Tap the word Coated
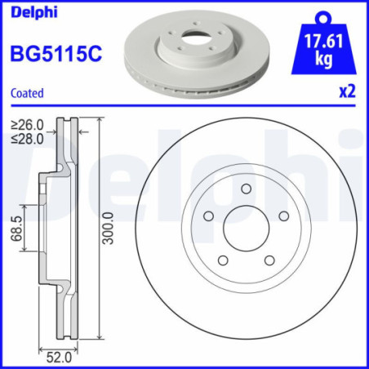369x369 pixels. point(26,94)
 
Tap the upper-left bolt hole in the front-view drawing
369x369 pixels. point(208,216)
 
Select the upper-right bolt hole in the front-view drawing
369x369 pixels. point(284,216)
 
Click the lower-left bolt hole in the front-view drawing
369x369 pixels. point(222,260)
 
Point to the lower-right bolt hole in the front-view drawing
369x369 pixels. point(269,260)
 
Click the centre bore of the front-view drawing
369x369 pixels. point(246,228)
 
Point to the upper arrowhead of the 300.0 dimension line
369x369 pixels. point(100,122)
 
